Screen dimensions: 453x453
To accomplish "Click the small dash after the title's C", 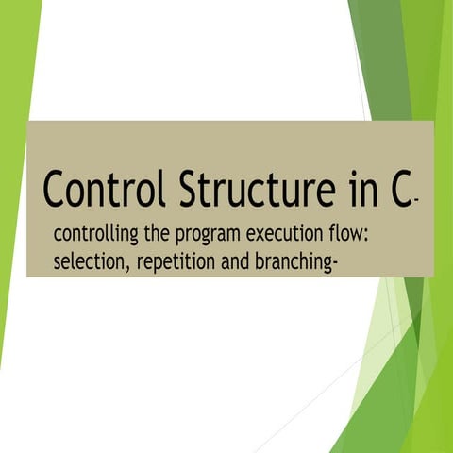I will pos(416,201).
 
